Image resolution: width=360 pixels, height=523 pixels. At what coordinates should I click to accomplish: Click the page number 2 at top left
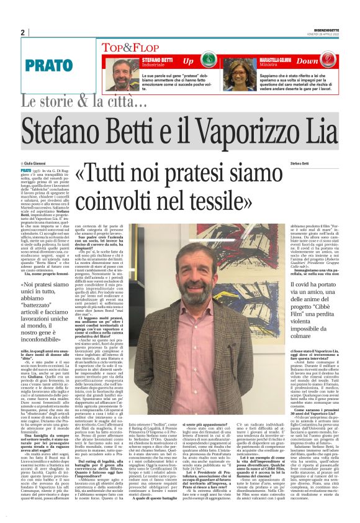click(22, 32)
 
